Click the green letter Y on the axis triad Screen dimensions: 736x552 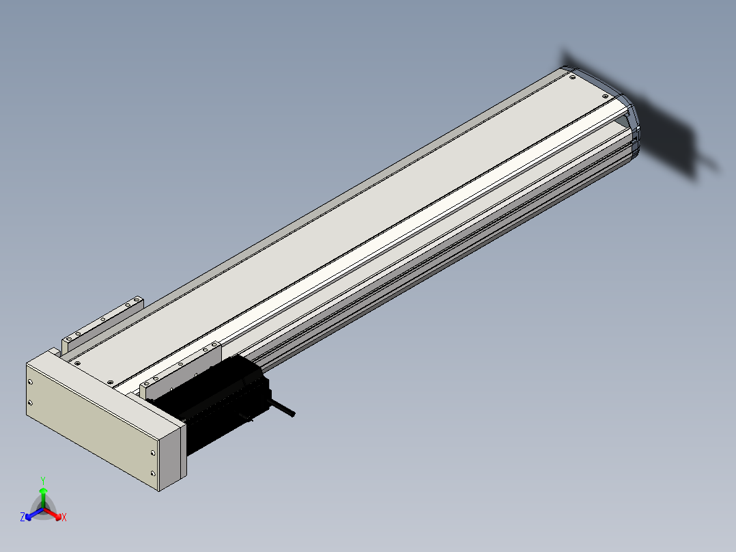point(43,480)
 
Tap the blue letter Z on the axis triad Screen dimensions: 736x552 point(22,517)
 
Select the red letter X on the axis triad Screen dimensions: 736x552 point(64,517)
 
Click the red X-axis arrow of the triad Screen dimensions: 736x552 point(52,513)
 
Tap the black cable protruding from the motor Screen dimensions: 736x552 point(281,407)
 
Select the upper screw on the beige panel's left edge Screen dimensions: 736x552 point(31,383)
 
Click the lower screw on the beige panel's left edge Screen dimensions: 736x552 point(31,402)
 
